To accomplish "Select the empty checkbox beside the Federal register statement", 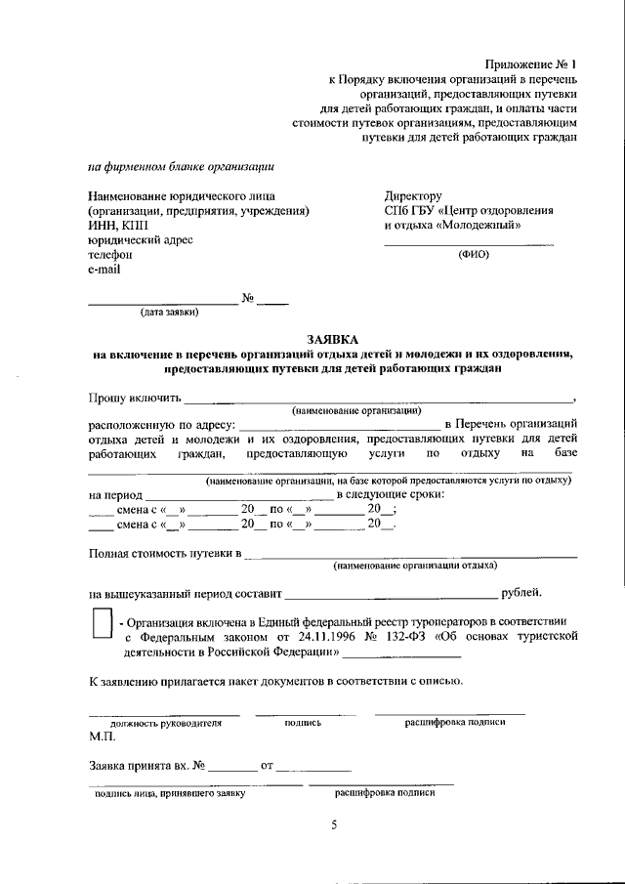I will click(101, 624).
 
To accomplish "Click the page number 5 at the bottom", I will click(332, 825).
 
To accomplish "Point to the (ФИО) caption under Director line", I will click(474, 255).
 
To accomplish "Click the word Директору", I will click(413, 195).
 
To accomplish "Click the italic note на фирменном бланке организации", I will click(181, 166).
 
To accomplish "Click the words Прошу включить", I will click(135, 397).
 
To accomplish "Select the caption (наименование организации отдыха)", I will click(415, 566).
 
